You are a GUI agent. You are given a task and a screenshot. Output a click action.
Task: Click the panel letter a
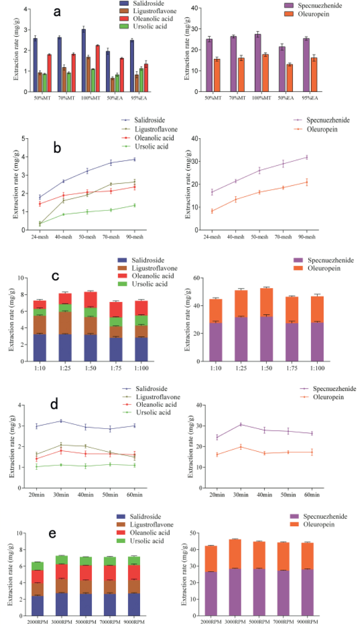tap(57, 12)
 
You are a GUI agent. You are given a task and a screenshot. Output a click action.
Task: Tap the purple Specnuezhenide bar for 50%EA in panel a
tap(282, 69)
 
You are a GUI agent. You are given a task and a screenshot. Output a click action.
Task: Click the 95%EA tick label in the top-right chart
tap(310, 98)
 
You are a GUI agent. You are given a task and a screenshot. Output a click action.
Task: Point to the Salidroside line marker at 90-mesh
tap(134, 160)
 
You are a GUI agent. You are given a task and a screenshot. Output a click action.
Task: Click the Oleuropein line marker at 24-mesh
tap(212, 211)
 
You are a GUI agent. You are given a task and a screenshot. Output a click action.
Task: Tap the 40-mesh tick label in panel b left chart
tap(63, 237)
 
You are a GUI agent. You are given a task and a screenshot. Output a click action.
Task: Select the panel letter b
tap(57, 148)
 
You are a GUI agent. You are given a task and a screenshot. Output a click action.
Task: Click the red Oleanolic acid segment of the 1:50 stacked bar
tap(91, 300)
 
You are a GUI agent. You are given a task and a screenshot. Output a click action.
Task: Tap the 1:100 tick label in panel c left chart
tap(141, 368)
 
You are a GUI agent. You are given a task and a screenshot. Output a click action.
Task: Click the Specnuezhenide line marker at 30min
tap(241, 424)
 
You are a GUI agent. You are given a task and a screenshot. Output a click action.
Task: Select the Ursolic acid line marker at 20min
tap(37, 466)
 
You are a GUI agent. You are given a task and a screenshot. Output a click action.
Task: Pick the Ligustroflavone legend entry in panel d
tap(158, 397)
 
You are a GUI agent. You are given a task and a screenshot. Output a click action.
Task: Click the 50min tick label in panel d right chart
tap(288, 495)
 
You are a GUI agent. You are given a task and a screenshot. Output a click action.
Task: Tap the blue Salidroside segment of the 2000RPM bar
tap(37, 605)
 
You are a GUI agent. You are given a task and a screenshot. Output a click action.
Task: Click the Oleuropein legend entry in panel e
tap(318, 524)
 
